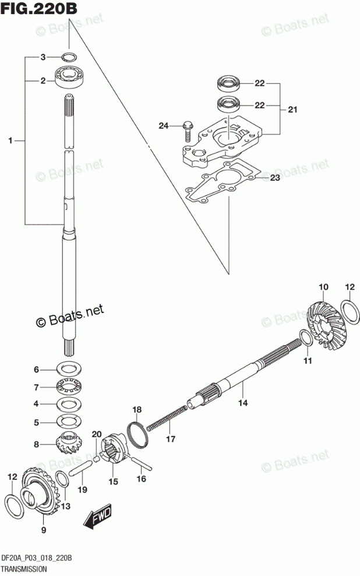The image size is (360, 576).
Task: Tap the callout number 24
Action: tap(164, 125)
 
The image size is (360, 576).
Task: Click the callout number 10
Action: tap(323, 287)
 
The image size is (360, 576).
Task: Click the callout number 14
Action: tap(242, 402)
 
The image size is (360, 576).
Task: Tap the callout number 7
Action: tap(36, 387)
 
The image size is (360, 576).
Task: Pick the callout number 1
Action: tap(10, 140)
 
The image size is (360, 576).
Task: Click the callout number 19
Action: tap(83, 490)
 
